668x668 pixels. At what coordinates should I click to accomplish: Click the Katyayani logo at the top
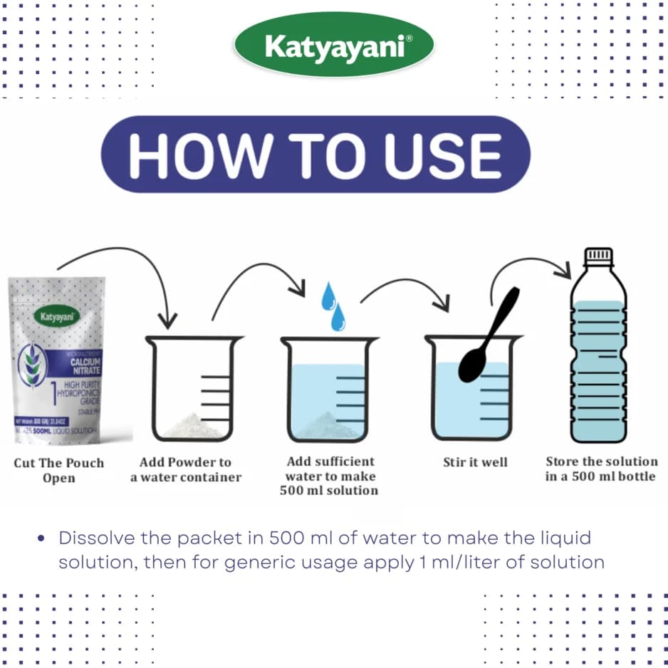click(x=333, y=46)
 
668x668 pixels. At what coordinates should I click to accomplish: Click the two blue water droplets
click(x=332, y=306)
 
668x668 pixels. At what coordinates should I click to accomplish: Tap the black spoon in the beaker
click(x=486, y=339)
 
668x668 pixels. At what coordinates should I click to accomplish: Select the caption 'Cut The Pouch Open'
click(x=58, y=470)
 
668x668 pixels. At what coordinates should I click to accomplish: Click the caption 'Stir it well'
click(x=475, y=462)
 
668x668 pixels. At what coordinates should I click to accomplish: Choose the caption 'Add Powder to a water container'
click(x=186, y=470)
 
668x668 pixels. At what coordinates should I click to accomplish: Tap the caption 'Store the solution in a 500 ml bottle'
click(x=601, y=469)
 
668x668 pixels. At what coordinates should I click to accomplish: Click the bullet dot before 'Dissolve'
click(x=41, y=539)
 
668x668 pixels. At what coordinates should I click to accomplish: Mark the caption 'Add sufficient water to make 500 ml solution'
click(x=331, y=476)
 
